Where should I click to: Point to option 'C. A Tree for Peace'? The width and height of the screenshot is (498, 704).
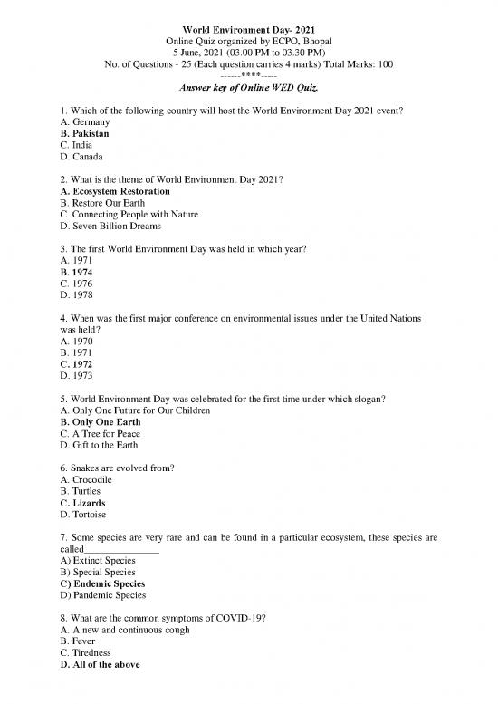coord(101,434)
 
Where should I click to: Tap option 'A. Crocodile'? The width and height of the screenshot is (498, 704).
coord(85,479)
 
